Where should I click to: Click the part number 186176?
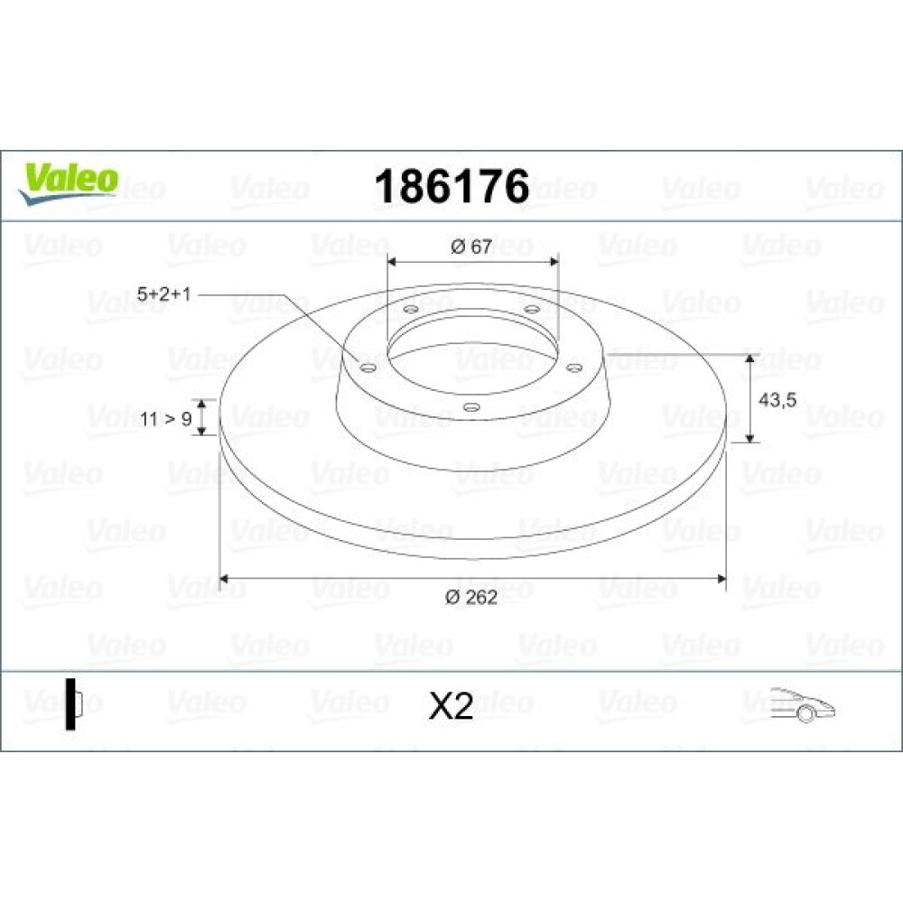451,186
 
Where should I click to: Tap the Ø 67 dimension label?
471,247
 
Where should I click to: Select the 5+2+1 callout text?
163,294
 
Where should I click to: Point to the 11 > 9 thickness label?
166,419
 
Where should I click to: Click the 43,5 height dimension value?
777,400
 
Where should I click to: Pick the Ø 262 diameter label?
471,597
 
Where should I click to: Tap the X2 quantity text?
451,705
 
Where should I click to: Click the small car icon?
802,703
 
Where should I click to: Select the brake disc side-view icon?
74,703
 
